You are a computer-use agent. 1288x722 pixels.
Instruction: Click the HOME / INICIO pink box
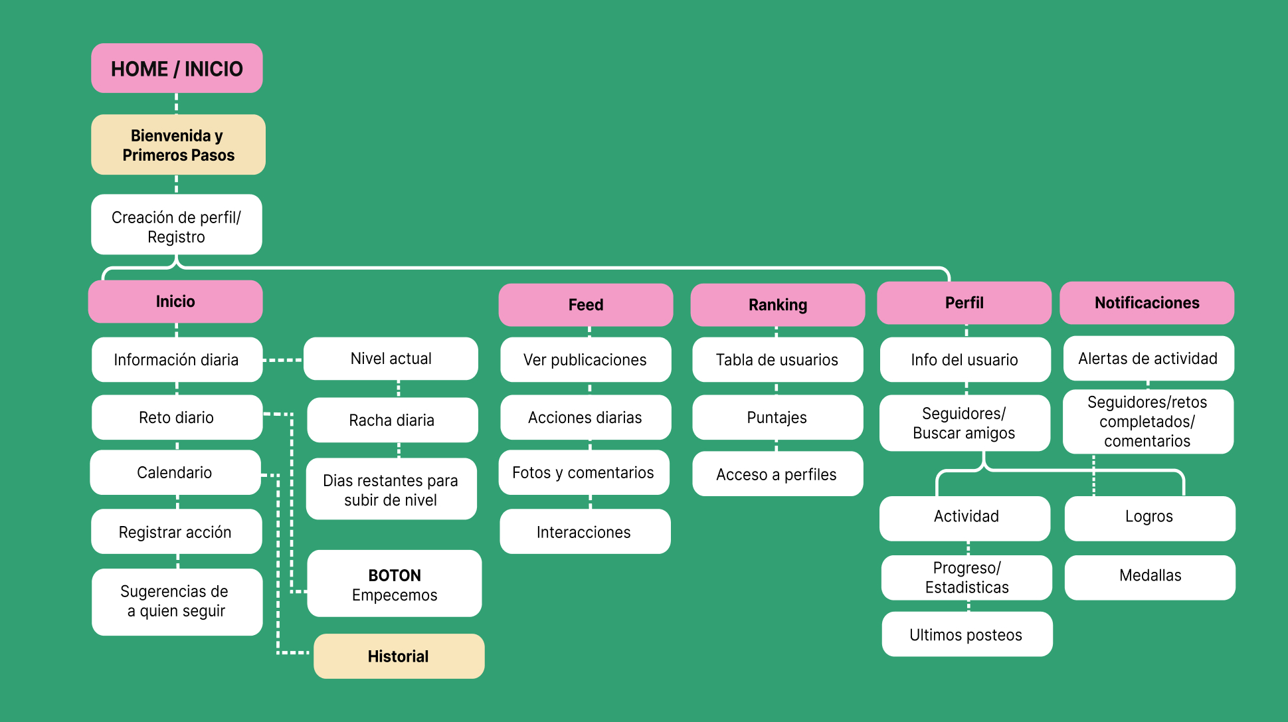click(177, 68)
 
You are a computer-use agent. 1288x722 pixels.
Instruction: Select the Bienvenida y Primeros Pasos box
click(178, 145)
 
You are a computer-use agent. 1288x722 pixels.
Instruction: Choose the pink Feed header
click(585, 305)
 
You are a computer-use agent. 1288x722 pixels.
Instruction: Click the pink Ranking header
click(777, 305)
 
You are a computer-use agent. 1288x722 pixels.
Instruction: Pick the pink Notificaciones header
click(1147, 303)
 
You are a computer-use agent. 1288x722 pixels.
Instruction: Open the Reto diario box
click(177, 417)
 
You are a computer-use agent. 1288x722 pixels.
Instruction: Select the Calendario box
click(175, 472)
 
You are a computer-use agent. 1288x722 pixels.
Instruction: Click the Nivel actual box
click(391, 359)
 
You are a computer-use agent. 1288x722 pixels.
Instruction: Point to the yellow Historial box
click(399, 656)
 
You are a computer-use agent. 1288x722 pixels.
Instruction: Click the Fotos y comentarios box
click(583, 472)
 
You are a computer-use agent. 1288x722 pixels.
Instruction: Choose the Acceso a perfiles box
click(777, 474)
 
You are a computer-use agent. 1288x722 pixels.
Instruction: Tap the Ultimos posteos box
click(966, 634)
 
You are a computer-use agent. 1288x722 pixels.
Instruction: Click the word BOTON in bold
click(395, 575)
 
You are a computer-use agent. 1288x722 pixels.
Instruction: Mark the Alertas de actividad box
click(1148, 359)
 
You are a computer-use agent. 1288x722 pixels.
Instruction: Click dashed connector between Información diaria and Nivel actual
click(283, 360)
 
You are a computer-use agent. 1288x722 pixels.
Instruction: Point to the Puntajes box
click(777, 417)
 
